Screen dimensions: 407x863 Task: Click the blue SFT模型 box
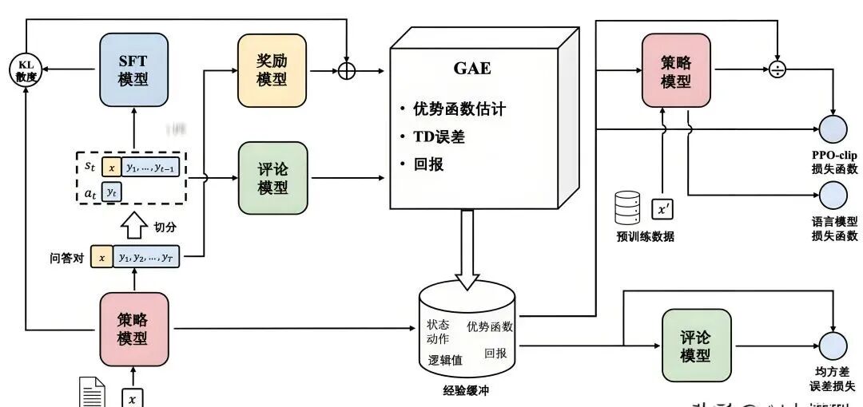(x=134, y=70)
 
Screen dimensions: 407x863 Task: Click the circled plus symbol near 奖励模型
(x=346, y=70)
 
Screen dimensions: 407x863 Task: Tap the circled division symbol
(x=776, y=69)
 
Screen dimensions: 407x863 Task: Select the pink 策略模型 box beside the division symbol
(x=675, y=70)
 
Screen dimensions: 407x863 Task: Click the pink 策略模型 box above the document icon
(x=134, y=329)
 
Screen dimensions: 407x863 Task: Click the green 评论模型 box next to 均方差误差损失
(x=696, y=345)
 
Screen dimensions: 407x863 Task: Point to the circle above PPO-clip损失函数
(x=833, y=128)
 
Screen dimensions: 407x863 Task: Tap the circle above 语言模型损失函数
(x=833, y=195)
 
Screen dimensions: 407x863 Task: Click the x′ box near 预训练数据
(x=663, y=209)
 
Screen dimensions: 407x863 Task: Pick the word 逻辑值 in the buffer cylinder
(x=445, y=360)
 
